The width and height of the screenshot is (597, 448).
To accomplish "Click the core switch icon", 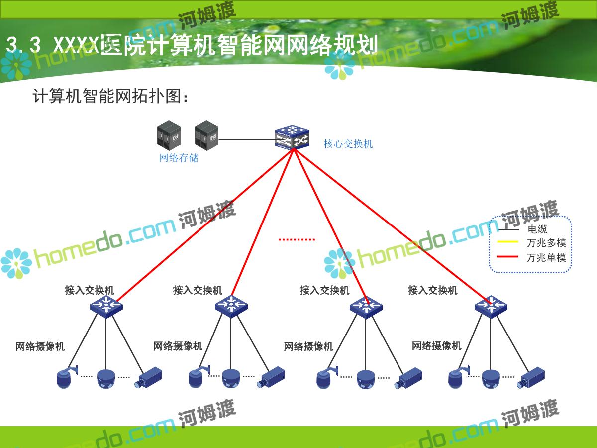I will point(292,138).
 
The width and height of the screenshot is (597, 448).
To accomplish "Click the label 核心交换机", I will point(348,144).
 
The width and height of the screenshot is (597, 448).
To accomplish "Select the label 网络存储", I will point(179,158).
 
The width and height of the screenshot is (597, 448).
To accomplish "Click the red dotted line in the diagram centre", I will point(297,239).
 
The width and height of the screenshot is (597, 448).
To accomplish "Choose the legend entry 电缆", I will point(537,229).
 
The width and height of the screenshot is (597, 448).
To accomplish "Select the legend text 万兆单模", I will point(546,257).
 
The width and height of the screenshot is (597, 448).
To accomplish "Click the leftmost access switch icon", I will point(106,305).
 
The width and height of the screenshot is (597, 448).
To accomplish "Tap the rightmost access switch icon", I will point(491,305).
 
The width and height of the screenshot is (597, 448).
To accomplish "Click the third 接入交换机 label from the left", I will point(324,290).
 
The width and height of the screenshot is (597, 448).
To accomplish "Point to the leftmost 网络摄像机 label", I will point(40,346).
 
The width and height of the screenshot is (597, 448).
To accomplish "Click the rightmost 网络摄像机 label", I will point(436,346).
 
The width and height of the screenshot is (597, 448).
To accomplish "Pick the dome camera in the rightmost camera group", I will point(491,380).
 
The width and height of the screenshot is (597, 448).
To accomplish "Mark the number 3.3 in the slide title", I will point(23,46).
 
